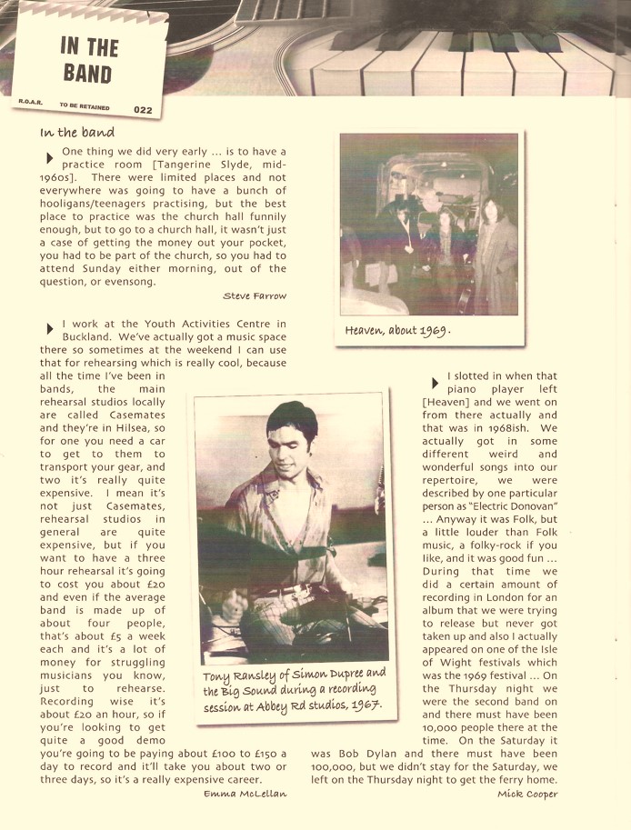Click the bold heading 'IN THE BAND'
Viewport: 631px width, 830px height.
tap(89, 59)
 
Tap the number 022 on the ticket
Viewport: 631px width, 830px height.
tap(142, 110)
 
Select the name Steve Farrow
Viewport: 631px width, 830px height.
tap(255, 295)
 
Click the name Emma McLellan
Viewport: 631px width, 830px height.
tap(245, 794)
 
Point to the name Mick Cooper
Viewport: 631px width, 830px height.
tap(527, 794)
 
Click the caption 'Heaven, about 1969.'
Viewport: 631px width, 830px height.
tap(398, 331)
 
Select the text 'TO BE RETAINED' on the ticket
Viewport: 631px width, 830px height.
tap(85, 106)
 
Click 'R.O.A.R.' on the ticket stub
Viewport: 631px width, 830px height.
tap(29, 101)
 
